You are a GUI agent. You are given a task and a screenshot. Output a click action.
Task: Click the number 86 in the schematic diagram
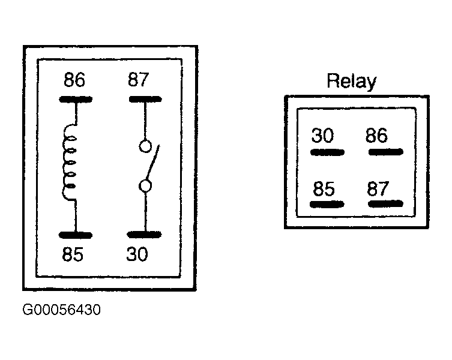tap(74, 80)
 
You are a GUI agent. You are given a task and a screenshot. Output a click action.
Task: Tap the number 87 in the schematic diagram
tap(139, 80)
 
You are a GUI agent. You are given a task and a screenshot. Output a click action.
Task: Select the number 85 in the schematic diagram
tap(73, 254)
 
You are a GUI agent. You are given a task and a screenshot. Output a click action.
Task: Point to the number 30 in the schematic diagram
tap(137, 254)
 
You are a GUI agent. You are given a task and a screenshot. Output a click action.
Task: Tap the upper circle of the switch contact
tap(145, 146)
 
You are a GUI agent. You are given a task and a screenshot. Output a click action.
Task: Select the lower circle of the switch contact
tap(145, 186)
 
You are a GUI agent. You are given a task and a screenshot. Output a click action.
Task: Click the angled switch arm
tap(153, 162)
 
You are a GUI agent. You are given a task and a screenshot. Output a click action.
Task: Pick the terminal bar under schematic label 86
tap(76, 100)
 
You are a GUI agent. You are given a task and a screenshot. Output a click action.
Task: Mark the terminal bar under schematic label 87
tap(145, 100)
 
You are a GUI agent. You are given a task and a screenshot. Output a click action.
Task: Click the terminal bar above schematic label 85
tap(75, 235)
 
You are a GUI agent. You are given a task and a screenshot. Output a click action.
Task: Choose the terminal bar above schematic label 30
tap(145, 235)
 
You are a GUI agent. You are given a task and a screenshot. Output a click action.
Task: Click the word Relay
tap(351, 82)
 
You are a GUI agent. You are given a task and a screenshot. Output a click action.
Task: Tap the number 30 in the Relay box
tap(322, 136)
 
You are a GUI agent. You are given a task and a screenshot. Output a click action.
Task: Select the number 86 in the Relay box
tap(376, 135)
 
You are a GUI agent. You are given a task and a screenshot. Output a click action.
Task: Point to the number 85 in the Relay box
tap(324, 189)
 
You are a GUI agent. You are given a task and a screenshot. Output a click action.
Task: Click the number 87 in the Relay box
tap(378, 188)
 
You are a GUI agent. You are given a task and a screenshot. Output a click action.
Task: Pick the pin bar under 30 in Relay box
tap(327, 152)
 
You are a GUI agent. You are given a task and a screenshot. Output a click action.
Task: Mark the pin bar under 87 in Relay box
tap(385, 204)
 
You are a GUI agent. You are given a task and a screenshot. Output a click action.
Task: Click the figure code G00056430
tap(62, 310)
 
